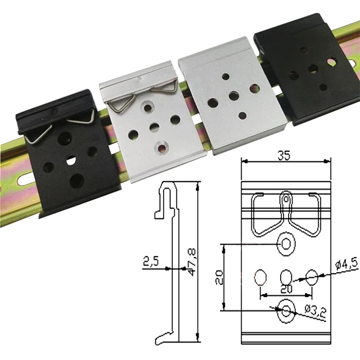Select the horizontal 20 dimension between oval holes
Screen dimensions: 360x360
pyautogui.click(x=286, y=288)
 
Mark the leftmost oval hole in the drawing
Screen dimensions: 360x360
pyautogui.click(x=260, y=277)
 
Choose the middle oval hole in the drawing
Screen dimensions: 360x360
pyautogui.click(x=286, y=277)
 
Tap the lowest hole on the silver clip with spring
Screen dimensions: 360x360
pyautogui.click(x=162, y=147)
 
